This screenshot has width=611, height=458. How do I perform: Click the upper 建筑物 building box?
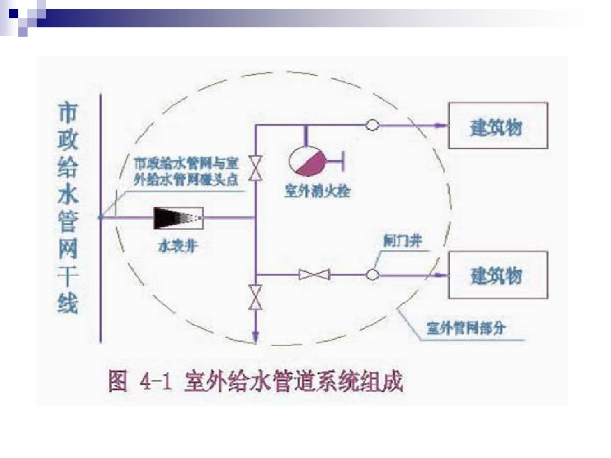coord(498,125)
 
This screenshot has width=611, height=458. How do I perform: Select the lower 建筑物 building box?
coord(498,275)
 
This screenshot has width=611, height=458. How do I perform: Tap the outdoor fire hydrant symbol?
coord(306,160)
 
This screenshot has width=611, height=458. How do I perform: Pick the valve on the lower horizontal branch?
coord(314,275)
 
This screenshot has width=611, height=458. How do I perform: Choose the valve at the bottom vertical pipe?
coord(255,296)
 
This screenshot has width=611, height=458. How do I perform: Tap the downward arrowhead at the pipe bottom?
coord(255,338)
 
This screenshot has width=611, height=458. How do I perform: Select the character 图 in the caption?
coord(118,381)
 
